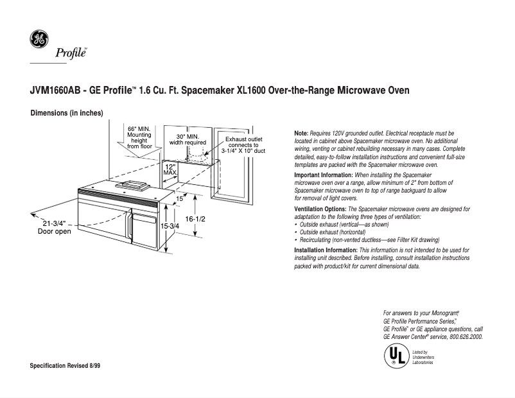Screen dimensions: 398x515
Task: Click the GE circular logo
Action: coord(39,40)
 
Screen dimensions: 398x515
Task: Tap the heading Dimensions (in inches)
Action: coord(67,113)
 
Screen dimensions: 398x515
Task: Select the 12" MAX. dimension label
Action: coord(170,169)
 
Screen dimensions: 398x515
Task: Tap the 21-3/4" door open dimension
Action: coord(55,227)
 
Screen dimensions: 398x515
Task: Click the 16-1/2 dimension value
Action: coord(195,219)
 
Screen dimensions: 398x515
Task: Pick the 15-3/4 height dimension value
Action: coord(170,227)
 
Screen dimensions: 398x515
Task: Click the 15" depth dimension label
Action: coord(180,199)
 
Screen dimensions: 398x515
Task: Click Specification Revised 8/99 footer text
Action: coord(65,365)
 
